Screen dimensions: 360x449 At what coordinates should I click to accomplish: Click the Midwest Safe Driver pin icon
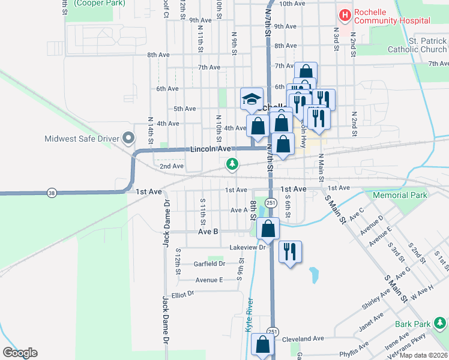[128, 139]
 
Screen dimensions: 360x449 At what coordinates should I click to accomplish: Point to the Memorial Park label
[399, 195]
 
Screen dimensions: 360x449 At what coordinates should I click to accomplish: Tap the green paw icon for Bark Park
[440, 324]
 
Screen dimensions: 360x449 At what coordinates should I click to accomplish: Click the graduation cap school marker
[252, 99]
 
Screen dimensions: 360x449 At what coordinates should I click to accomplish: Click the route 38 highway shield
[52, 192]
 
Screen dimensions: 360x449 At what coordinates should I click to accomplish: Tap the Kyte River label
[249, 314]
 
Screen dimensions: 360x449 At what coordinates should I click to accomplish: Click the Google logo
[20, 353]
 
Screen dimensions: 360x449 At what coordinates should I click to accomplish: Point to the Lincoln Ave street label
[211, 149]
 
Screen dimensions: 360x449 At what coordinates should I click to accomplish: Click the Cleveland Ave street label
[303, 338]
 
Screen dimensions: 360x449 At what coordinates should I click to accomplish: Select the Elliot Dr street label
[183, 293]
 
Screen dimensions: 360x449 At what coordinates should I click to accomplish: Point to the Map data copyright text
[424, 355]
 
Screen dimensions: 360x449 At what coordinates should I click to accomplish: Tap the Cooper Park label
[95, 3]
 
